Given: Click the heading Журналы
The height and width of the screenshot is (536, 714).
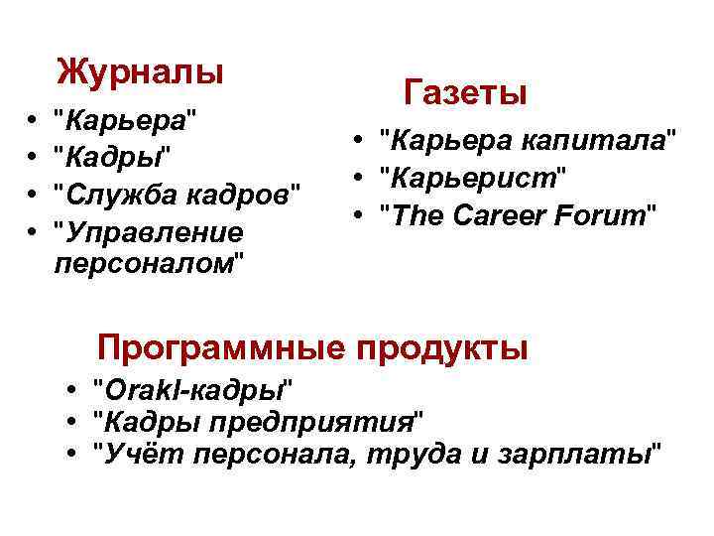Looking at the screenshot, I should tap(140, 71).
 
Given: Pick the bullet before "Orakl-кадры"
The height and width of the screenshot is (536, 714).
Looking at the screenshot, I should tap(72, 388).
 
